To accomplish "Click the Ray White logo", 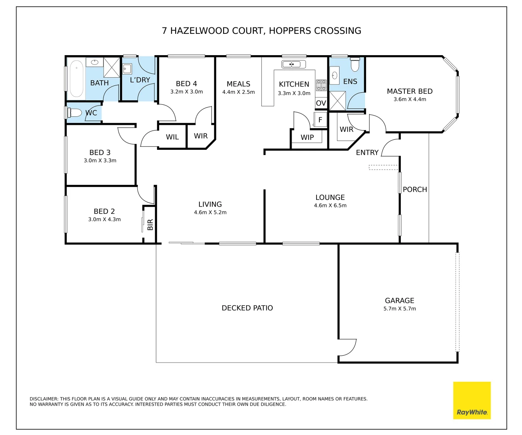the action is tap(472, 400).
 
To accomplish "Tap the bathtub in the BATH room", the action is tap(77, 79).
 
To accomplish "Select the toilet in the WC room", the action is tap(74, 113).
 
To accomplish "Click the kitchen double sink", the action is tap(294, 64).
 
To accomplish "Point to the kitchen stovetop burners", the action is tap(321, 85).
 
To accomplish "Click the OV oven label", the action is tap(321, 103).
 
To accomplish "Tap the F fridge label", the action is tap(320, 120).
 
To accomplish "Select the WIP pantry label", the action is tap(307, 137).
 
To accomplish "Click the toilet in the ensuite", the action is tap(355, 64).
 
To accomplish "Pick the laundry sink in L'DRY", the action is tap(127, 69).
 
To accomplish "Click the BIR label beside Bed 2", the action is tap(150, 224).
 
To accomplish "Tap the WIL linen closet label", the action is tap(172, 137).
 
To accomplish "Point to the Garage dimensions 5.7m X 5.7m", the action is tap(400, 309).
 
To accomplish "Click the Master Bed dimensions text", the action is tap(410, 99).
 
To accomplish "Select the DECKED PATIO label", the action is tap(247, 308).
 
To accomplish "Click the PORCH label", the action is tap(415, 189).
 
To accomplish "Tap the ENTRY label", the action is tap(367, 153).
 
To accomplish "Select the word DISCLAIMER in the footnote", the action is tap(44, 399).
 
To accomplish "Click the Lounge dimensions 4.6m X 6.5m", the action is tap(330, 205).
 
